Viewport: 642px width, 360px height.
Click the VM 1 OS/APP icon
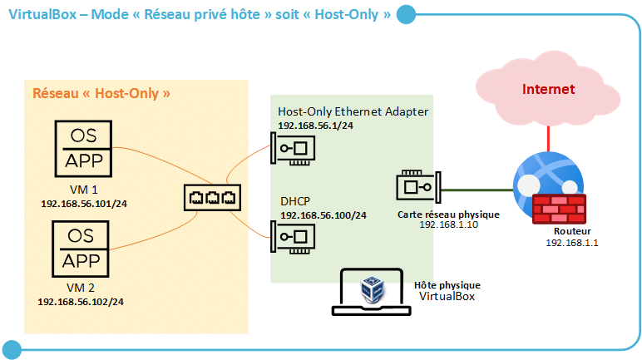click(x=82, y=149)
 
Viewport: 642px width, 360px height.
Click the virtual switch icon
click(x=212, y=198)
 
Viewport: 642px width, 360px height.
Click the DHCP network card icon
click(x=295, y=238)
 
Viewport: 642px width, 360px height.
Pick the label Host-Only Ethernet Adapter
click(x=353, y=111)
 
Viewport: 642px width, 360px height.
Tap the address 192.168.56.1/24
click(x=315, y=126)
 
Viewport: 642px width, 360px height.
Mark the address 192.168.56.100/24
click(x=323, y=215)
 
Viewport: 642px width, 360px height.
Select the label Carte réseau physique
click(x=448, y=214)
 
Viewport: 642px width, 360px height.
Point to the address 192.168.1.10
click(x=448, y=224)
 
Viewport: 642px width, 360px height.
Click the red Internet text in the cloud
click(x=548, y=89)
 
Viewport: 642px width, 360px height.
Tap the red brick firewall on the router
click(x=559, y=208)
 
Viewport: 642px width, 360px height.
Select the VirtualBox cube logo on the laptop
click(x=370, y=289)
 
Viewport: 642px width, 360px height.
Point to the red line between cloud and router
click(x=548, y=135)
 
